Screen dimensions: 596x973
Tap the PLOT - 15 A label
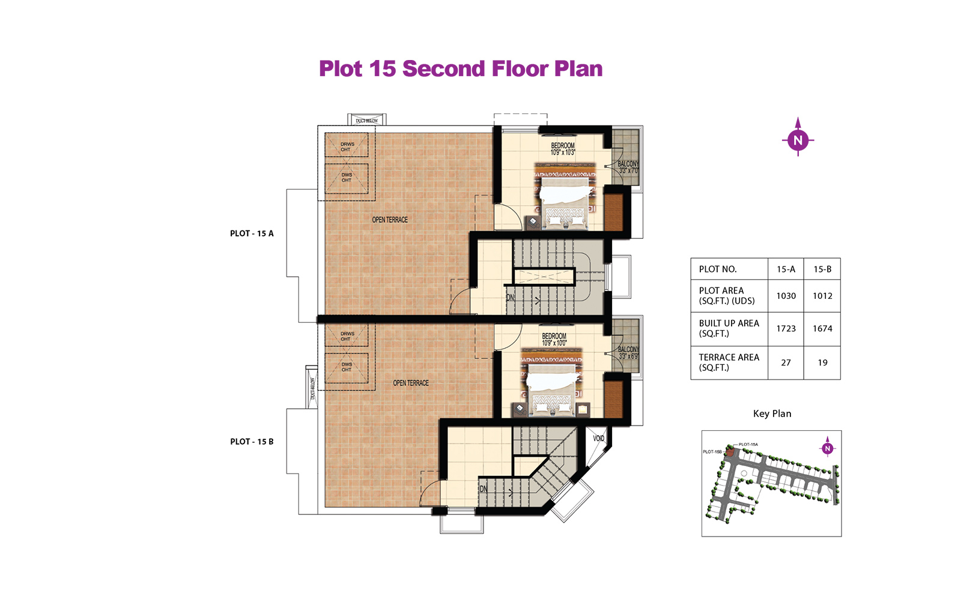(252, 233)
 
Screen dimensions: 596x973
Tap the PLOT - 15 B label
(252, 442)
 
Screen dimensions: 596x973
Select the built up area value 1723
(786, 329)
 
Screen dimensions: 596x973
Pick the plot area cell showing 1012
(822, 296)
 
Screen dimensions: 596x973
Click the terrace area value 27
(786, 363)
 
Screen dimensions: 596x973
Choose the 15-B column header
(822, 269)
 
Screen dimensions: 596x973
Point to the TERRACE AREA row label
(729, 362)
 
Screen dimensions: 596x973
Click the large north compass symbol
(798, 140)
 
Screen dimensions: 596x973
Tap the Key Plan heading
(772, 414)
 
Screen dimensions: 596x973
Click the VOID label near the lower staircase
(598, 439)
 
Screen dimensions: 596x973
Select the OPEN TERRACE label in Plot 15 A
(390, 220)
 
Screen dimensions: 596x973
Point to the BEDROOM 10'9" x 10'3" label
(563, 149)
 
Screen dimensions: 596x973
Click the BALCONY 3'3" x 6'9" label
(628, 353)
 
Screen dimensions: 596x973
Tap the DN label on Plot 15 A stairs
(510, 298)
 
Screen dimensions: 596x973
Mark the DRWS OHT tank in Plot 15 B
(346, 336)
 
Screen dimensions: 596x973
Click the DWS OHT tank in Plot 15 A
(346, 178)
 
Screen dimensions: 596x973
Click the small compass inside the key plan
(827, 448)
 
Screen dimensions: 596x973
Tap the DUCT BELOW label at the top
(366, 121)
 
